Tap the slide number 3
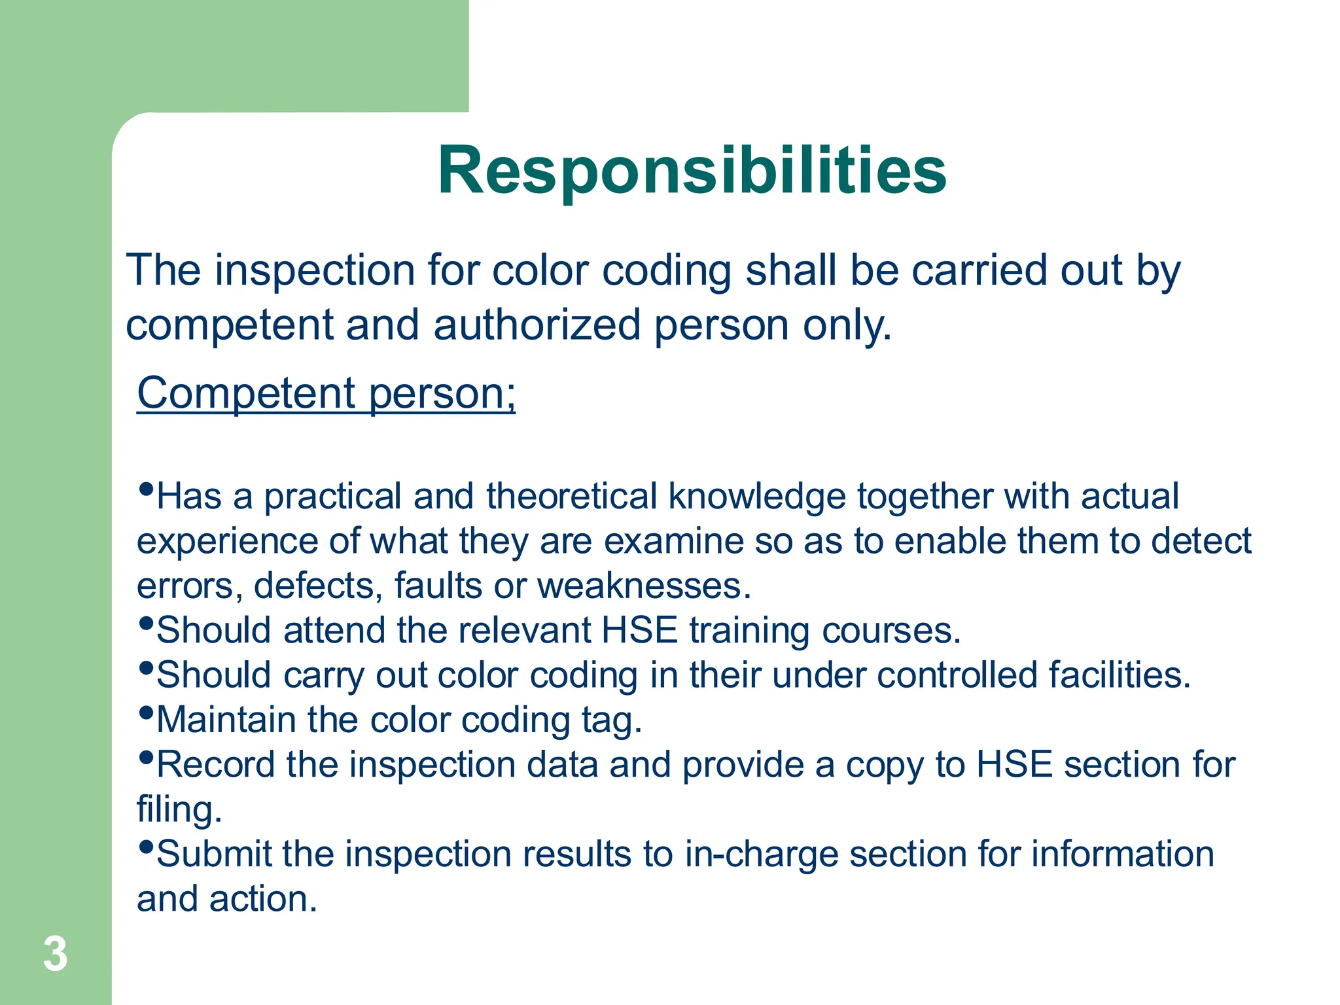pyautogui.click(x=56, y=954)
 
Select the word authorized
pyautogui.click(x=537, y=325)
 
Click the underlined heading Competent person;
pyautogui.click(x=326, y=393)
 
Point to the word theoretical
pyautogui.click(x=571, y=496)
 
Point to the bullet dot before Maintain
pyautogui.click(x=147, y=712)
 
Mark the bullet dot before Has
pyautogui.click(x=147, y=489)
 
